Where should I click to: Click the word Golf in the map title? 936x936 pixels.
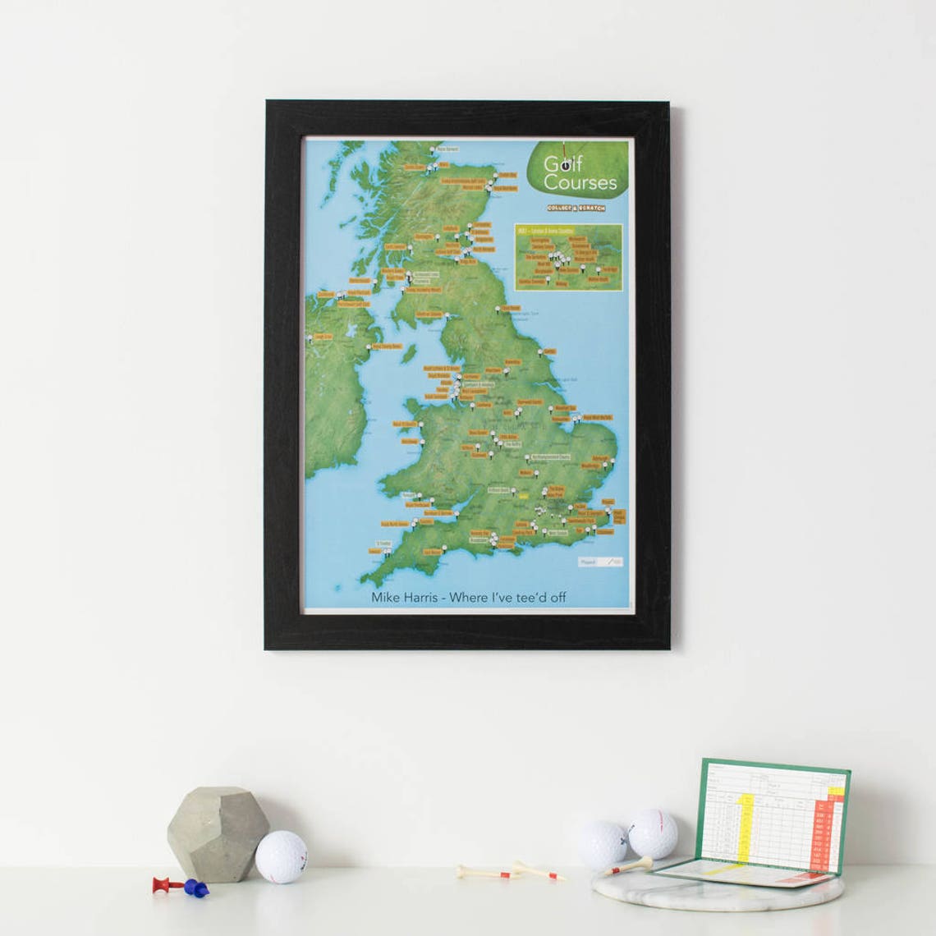click(563, 164)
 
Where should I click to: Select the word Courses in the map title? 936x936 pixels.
click(580, 182)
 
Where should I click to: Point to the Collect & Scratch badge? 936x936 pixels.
click(576, 209)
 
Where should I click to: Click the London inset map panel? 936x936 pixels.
click(568, 257)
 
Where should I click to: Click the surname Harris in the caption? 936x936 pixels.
click(420, 597)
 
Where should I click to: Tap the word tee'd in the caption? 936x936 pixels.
click(526, 597)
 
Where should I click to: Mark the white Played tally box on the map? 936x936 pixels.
click(600, 562)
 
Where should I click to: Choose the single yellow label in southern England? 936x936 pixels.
click(523, 494)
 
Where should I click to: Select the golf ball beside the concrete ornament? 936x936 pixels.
click(281, 856)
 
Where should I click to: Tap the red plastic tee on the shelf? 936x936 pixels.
click(163, 884)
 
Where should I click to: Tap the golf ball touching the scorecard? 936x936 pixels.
click(652, 833)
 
